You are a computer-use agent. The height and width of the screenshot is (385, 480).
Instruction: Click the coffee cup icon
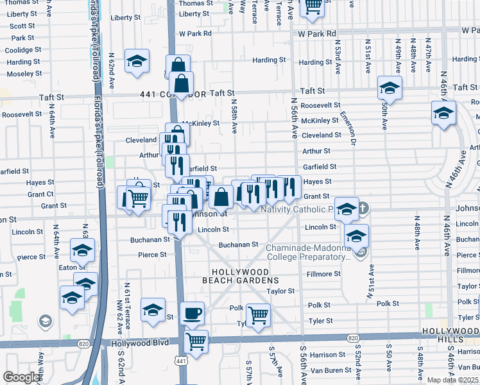point(192,314)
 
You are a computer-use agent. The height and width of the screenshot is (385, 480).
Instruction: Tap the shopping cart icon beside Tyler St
point(257,316)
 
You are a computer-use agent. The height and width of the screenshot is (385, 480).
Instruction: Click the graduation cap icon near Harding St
point(137,62)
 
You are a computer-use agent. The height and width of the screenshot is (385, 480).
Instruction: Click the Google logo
point(21,377)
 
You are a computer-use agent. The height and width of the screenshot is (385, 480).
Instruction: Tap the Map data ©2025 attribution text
point(452,380)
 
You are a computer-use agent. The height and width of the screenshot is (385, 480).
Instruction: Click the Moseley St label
point(24,74)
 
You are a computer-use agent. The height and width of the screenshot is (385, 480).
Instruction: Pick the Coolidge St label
point(23,50)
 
